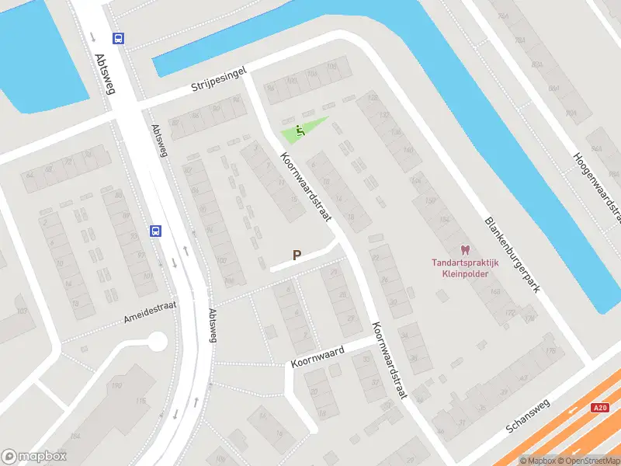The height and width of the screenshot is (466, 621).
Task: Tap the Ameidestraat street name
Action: tap(151, 311)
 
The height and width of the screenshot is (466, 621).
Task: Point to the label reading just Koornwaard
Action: tap(317, 356)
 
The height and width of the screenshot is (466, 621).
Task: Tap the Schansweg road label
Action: tap(527, 416)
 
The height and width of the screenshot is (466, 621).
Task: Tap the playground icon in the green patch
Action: tap(300, 131)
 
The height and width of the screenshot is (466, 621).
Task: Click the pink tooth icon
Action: tap(465, 250)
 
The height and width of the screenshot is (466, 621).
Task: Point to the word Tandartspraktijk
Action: tap(465, 263)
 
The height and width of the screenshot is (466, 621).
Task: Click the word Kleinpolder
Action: tap(465, 273)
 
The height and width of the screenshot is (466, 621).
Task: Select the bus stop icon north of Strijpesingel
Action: tap(118, 38)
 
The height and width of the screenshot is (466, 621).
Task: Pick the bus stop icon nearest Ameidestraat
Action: tap(155, 231)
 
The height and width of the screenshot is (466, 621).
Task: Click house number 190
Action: tap(118, 385)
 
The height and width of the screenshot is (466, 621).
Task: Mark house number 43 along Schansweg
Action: tap(523, 377)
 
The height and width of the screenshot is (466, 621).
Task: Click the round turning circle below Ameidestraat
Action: tap(157, 341)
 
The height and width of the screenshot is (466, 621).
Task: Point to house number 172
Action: tap(509, 313)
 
